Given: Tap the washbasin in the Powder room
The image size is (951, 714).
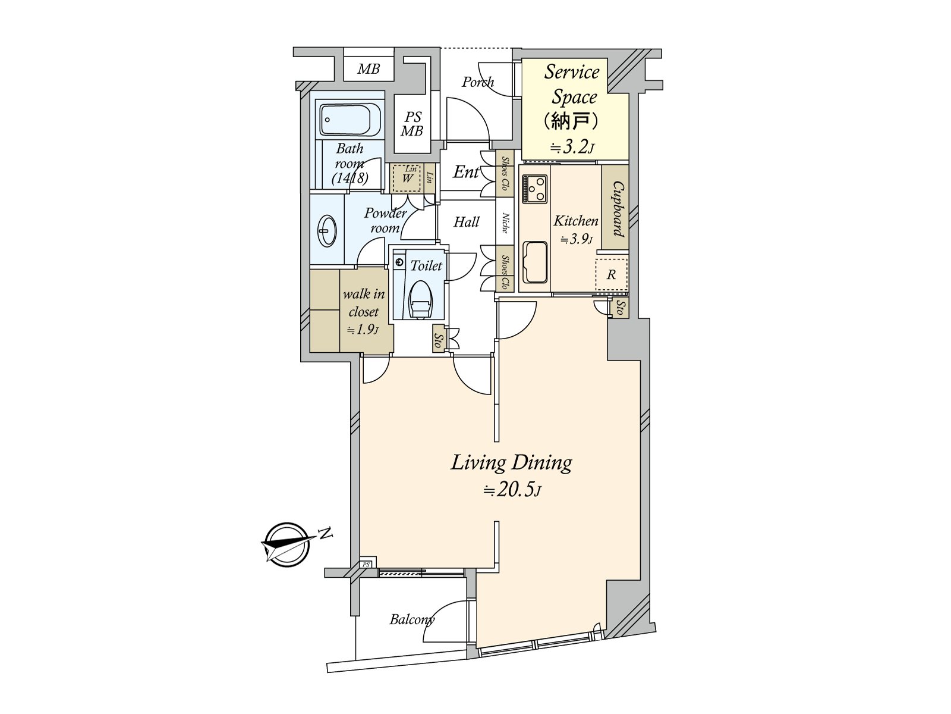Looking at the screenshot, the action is click(x=327, y=231).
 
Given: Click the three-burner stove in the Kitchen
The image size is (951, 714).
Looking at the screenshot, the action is click(x=534, y=189).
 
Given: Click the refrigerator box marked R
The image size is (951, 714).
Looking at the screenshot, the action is click(x=611, y=274).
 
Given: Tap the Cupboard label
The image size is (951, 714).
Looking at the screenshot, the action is click(x=618, y=209).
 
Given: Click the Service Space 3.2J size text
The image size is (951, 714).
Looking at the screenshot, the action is click(x=572, y=148).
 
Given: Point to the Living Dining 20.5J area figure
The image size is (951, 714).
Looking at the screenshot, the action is click(x=512, y=491).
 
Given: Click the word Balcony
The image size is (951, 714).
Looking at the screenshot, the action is click(x=411, y=619).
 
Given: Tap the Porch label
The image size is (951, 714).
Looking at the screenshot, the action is click(x=477, y=82).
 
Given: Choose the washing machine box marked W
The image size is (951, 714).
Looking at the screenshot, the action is click(x=407, y=178).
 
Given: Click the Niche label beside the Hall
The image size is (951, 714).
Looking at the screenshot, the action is click(x=505, y=223).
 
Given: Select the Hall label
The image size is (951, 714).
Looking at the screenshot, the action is click(x=466, y=222).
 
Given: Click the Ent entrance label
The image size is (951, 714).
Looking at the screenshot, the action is click(x=466, y=173).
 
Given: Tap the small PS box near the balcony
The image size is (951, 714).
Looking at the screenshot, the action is click(x=366, y=565).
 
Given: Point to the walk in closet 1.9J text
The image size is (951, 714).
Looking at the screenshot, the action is click(x=364, y=312).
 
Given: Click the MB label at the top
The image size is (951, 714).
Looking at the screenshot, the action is click(x=369, y=69).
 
